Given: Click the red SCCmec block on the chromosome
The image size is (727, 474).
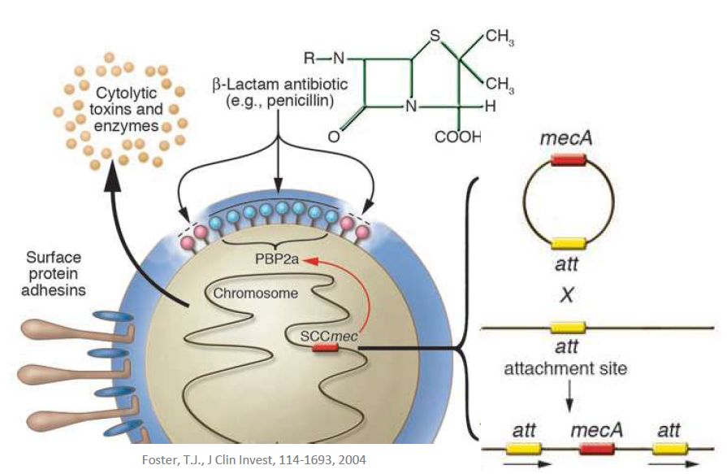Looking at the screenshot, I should click(x=326, y=349).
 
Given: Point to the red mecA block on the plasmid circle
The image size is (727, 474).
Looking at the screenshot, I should click(x=569, y=160).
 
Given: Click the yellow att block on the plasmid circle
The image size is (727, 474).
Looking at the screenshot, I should click(x=569, y=242).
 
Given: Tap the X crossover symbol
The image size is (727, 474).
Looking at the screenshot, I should click(x=568, y=295).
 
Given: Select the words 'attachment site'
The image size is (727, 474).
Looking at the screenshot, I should click(x=565, y=368).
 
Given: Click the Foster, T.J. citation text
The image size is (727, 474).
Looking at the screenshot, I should click(x=254, y=459).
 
